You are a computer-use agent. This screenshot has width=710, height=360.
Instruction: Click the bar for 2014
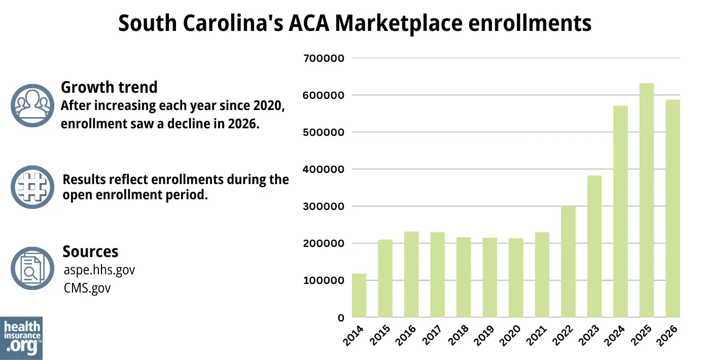coord(359,296)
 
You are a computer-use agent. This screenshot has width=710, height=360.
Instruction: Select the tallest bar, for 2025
coord(647,200)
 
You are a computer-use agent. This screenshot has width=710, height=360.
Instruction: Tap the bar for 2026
coord(672,208)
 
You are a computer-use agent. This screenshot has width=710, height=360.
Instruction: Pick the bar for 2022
coord(568,262)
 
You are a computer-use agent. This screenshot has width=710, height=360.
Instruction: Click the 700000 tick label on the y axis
coord(323,58)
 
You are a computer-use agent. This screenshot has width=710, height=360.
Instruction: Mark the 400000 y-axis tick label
coord(323,169)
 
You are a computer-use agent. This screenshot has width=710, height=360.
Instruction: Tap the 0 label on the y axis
coord(341,318)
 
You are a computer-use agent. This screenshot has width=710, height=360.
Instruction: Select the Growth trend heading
coord(109,87)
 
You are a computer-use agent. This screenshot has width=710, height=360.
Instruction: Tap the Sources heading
coord(90,251)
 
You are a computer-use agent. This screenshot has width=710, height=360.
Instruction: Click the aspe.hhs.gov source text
coord(99,270)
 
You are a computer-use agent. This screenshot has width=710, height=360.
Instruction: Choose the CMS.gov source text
coord(87,288)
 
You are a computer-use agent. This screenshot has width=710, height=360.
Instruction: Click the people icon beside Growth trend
coord(32,105)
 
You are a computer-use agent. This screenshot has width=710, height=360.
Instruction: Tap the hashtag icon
coord(32,187)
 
